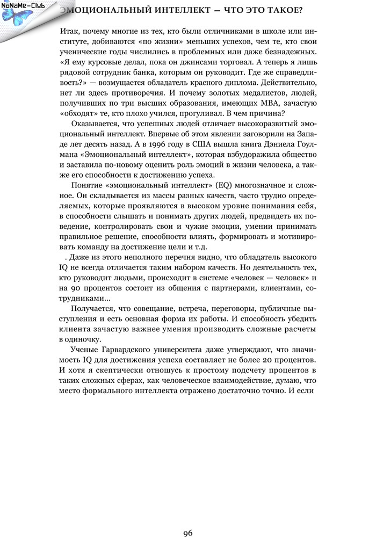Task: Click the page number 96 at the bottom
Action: click(187, 518)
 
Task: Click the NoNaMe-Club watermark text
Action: click(23, 5)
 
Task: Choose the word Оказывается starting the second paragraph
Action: click(95, 124)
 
